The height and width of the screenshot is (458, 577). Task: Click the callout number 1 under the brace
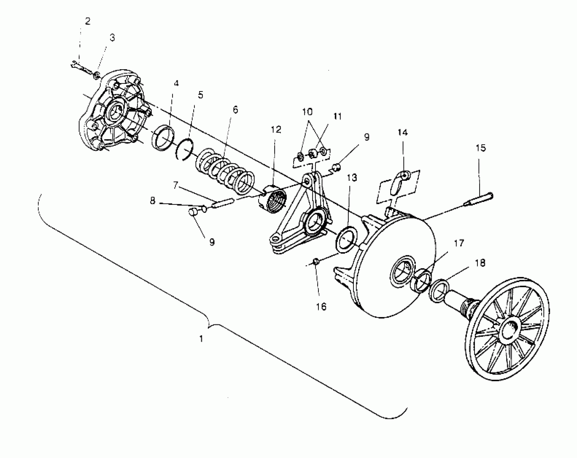[x=201, y=339]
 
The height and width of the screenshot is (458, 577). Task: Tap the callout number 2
[x=88, y=22]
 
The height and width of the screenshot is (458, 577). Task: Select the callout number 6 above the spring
[x=235, y=110]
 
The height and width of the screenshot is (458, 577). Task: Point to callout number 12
[x=276, y=130]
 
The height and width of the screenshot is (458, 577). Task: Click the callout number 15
[x=481, y=148]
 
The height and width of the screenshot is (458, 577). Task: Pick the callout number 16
[x=322, y=307]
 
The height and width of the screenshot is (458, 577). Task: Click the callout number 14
[x=403, y=132]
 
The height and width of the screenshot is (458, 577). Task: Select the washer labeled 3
[x=96, y=75]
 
